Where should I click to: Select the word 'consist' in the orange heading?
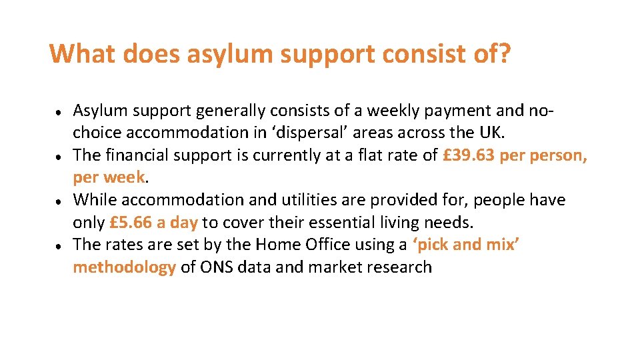[x=409, y=54]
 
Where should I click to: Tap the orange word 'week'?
[x=125, y=177]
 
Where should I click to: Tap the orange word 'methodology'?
[x=125, y=267]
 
